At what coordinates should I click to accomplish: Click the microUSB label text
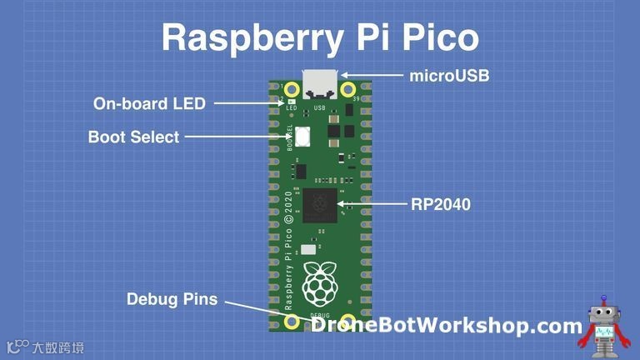449,76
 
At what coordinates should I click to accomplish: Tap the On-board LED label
149,103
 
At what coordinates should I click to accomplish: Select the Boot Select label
133,137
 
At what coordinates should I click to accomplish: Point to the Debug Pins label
172,298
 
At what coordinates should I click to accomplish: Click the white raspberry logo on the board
319,282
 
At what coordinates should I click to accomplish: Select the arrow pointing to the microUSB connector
372,76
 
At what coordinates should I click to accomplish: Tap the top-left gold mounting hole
292,89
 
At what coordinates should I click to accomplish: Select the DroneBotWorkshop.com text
445,325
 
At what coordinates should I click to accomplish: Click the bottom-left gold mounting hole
292,322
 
